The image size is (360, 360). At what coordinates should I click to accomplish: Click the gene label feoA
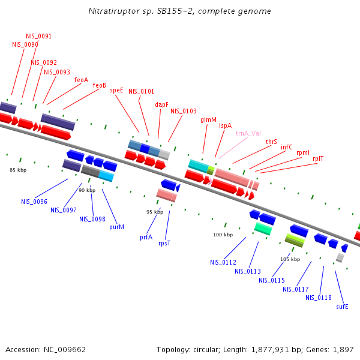click(81, 80)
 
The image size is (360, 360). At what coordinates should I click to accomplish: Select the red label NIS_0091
click(38, 36)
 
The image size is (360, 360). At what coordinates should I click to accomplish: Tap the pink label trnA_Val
click(248, 134)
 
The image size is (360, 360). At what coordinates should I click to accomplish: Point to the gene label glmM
click(208, 119)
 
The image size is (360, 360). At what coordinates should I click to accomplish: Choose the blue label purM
click(116, 227)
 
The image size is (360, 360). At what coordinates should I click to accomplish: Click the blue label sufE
click(342, 306)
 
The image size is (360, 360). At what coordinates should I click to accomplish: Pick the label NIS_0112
click(223, 262)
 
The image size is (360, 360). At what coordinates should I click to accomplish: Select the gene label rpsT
click(164, 243)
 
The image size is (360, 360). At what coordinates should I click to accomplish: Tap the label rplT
click(318, 158)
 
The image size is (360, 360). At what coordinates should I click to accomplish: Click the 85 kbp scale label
click(18, 170)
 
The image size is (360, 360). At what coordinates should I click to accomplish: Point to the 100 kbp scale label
click(223, 235)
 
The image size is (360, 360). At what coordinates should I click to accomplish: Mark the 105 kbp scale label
click(290, 259)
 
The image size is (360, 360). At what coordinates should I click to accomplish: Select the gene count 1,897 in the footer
click(343, 349)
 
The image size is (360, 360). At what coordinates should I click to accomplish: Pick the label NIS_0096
click(34, 202)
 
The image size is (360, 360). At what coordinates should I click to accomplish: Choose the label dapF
click(162, 104)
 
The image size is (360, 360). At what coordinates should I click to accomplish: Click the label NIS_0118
click(318, 298)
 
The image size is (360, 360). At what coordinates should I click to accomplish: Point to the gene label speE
click(116, 90)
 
